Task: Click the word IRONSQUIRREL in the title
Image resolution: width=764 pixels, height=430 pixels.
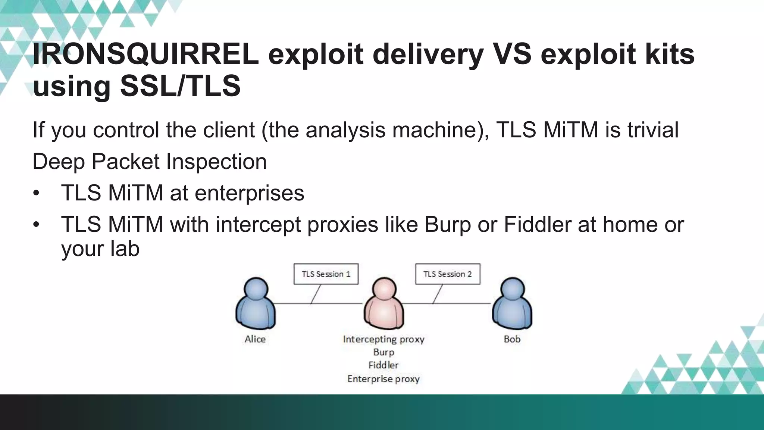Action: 145,54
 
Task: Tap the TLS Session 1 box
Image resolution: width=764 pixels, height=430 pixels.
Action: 326,274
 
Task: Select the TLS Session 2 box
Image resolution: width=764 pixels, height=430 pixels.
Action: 448,274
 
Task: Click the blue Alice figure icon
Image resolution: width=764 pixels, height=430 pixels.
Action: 256,304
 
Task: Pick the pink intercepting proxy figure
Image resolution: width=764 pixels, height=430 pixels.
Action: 384,304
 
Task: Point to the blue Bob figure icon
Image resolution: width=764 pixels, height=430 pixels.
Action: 512,304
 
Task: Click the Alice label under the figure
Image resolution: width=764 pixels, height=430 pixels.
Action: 255,339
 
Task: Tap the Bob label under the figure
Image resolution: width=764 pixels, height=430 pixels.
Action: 512,339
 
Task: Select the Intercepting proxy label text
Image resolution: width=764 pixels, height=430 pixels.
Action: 383,339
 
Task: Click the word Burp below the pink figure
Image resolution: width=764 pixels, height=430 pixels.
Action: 383,352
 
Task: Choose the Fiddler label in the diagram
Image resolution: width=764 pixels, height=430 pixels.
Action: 383,365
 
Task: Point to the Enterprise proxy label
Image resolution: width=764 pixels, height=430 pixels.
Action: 383,379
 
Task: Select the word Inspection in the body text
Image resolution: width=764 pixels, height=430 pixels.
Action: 216,162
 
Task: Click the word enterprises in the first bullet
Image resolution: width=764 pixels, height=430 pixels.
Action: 249,193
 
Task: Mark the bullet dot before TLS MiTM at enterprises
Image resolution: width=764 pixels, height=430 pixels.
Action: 36,193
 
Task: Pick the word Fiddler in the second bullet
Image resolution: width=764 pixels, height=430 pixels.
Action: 538,225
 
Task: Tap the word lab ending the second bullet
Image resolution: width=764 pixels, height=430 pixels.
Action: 125,249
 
